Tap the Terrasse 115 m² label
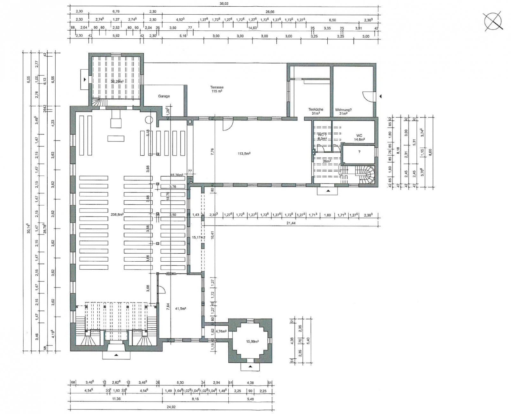tap(217, 89)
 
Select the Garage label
tap(164, 96)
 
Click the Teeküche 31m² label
tap(316, 111)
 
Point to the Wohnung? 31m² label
tap(343, 111)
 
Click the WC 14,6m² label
tap(359, 137)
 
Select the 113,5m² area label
tap(244, 153)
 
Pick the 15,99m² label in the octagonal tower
tap(252, 341)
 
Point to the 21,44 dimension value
tap(291, 223)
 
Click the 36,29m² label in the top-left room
tap(117, 81)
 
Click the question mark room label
tap(359, 152)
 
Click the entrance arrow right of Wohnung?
tap(380, 96)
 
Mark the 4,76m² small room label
tap(221, 331)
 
